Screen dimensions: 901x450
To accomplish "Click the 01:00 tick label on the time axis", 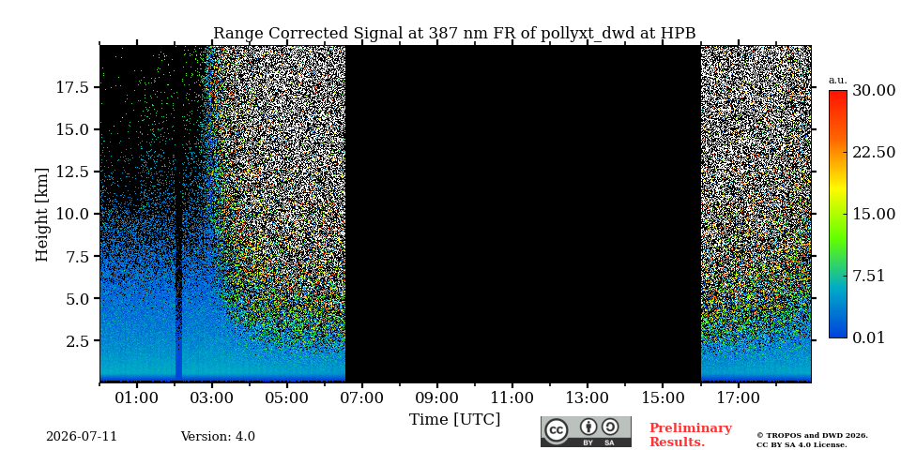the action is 137,397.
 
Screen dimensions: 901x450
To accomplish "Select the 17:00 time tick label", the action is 738,397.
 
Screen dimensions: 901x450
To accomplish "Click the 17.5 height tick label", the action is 72,88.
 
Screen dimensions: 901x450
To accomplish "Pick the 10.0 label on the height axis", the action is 72,214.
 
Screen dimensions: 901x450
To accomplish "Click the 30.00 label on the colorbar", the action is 874,91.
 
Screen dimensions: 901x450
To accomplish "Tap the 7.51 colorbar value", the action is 869,276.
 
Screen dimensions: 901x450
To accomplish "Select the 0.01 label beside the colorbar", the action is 869,337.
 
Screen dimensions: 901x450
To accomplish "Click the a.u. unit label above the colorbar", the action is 838,80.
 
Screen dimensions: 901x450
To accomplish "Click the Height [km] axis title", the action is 42,215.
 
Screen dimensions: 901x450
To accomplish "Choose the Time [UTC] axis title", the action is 454,419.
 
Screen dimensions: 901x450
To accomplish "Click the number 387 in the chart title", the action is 439,34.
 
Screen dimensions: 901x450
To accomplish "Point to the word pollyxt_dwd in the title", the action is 588,34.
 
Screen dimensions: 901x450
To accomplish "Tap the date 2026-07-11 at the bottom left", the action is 82,437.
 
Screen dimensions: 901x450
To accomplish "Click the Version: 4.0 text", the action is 218,437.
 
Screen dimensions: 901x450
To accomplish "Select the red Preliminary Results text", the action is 691,435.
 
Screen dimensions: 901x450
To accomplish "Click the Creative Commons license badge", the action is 586,431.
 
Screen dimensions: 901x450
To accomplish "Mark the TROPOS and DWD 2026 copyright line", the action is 812,436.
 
